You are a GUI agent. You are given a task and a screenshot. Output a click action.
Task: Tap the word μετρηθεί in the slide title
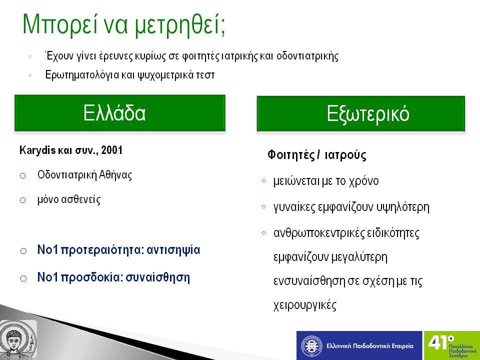click(179, 25)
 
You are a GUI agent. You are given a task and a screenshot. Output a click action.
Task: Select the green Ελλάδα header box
click(120, 113)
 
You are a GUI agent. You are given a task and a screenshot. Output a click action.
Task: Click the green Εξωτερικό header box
click(361, 113)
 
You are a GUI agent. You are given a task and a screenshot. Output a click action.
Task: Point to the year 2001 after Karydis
click(111, 150)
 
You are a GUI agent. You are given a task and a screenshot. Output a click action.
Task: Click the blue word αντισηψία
click(173, 250)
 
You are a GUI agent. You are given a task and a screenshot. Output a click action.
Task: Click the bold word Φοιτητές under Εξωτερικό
click(291, 155)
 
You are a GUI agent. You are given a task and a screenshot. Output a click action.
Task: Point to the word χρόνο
click(363, 181)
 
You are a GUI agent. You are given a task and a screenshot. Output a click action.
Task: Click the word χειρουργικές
click(305, 305)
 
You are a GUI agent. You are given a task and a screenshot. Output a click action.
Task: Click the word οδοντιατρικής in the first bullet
click(307, 56)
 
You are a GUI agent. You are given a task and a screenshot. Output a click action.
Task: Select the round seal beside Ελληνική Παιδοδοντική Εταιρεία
click(311, 346)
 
